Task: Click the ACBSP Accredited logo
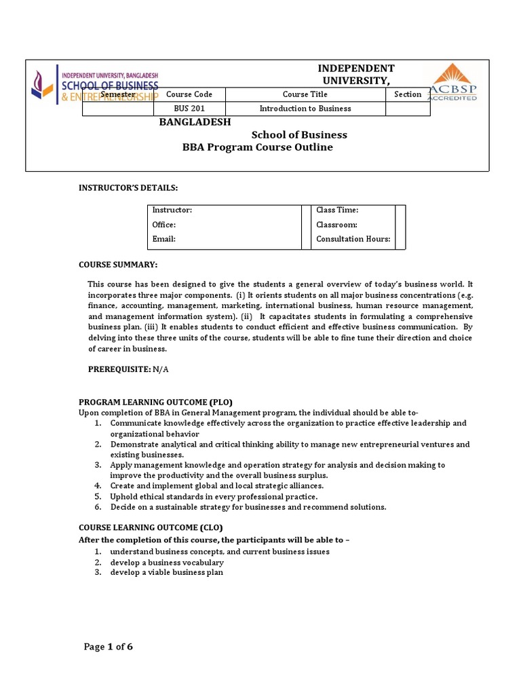(451, 82)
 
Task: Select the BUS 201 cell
(189, 109)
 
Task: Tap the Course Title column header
(305, 94)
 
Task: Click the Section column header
(408, 94)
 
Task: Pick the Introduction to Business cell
(305, 109)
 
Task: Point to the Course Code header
(189, 94)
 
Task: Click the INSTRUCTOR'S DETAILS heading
(128, 187)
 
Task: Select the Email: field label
(163, 239)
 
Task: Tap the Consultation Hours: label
(353, 239)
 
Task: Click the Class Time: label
(337, 210)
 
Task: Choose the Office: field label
(163, 225)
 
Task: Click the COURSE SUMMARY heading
(118, 264)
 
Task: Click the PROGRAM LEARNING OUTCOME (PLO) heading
(155, 402)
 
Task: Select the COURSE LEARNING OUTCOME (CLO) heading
(151, 527)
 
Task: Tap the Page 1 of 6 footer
(109, 647)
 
